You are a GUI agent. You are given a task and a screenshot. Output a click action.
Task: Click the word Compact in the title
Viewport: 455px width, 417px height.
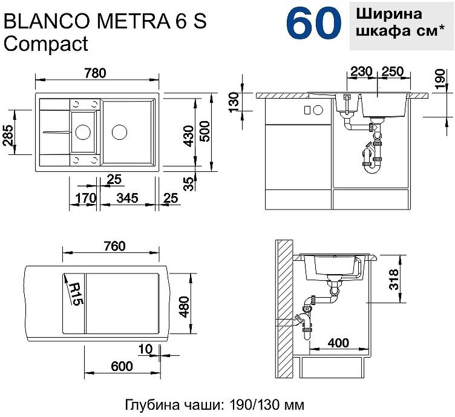click(46, 44)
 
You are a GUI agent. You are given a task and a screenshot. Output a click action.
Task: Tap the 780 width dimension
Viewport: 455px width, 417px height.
click(96, 73)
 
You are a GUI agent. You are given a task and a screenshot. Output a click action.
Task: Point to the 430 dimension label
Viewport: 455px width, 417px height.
click(189, 136)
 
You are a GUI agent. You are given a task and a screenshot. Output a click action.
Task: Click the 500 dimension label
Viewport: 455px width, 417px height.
click(205, 131)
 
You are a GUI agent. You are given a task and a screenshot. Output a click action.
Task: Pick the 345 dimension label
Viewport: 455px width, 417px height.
click(127, 198)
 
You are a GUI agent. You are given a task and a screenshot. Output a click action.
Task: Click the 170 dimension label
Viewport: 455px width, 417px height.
click(85, 198)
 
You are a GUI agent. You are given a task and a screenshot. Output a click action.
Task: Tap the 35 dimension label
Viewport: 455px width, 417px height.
click(189, 183)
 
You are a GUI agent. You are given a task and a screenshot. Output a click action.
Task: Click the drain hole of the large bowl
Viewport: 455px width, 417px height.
click(119, 132)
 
